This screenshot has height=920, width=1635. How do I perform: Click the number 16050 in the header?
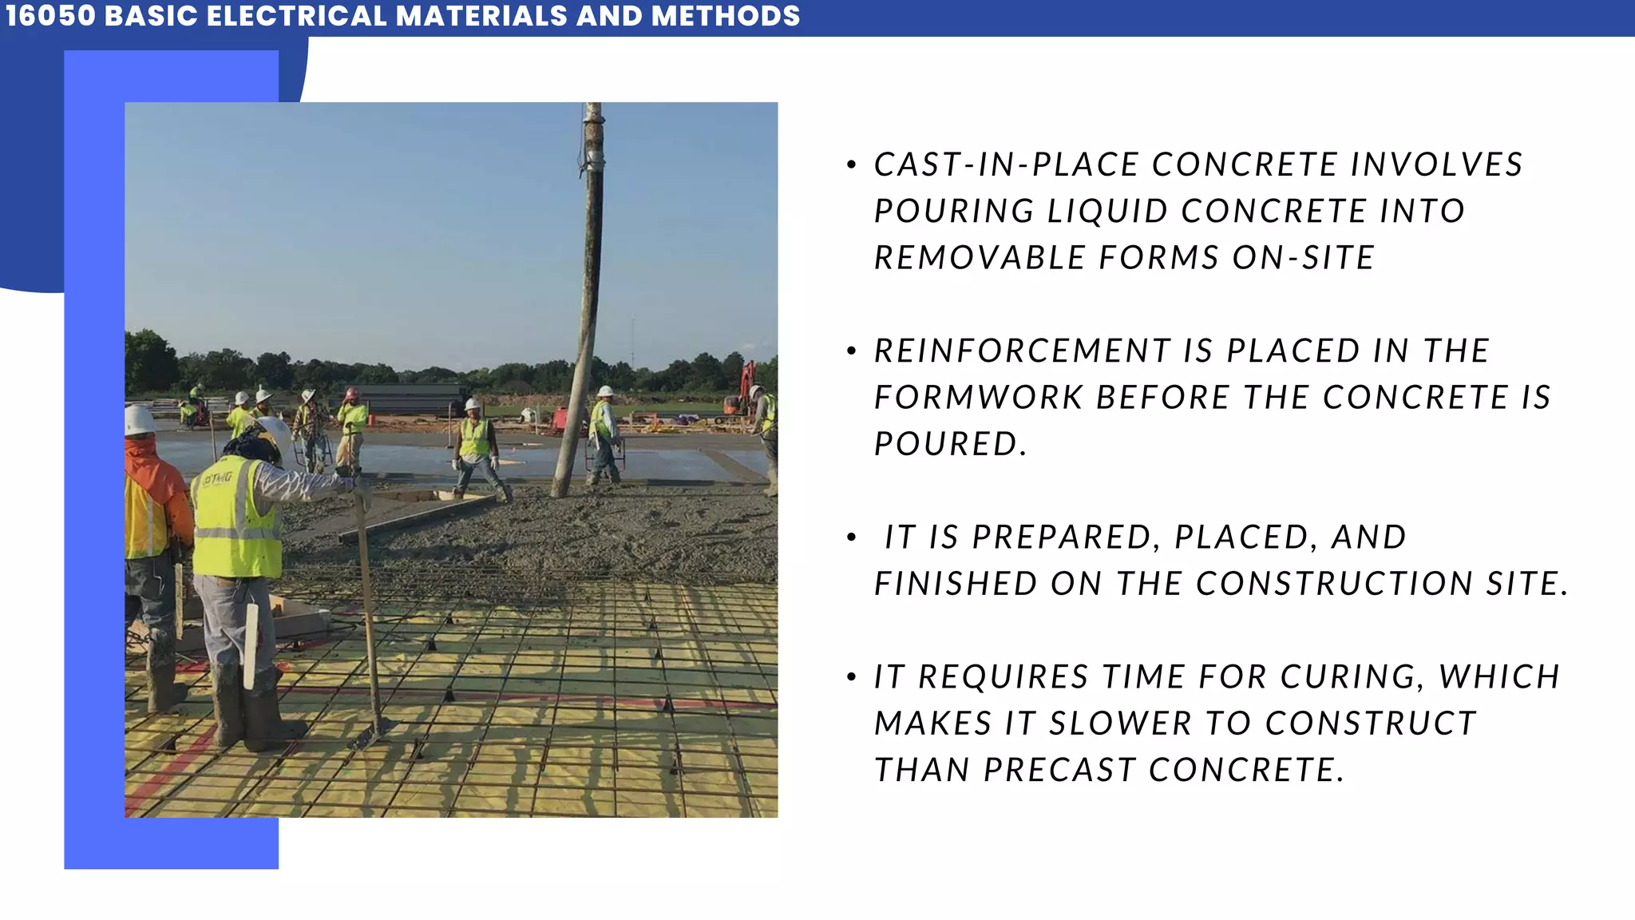50,16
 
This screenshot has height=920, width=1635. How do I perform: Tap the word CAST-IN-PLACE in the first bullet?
1006,165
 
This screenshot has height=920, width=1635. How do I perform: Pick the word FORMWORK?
978,398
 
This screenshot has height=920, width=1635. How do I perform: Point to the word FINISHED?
955,584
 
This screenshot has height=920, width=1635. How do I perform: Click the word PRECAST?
1059,770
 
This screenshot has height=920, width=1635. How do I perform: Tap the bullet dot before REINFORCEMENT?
852,351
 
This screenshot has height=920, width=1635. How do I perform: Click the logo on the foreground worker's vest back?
216,478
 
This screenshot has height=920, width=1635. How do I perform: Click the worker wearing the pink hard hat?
351,423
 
